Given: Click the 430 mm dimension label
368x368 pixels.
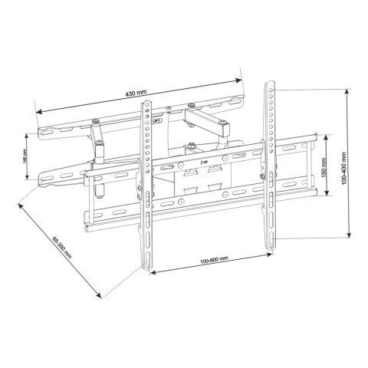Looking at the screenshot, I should pyautogui.click(x=138, y=93).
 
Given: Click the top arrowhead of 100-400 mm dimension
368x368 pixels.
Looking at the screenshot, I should pyautogui.click(x=350, y=91).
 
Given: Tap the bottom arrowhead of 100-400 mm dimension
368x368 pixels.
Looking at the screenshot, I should pyautogui.click(x=350, y=238).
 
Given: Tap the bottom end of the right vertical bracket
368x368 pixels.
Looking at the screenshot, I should pyautogui.click(x=270, y=247).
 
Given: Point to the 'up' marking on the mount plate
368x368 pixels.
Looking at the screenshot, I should pyautogui.click(x=202, y=163).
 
